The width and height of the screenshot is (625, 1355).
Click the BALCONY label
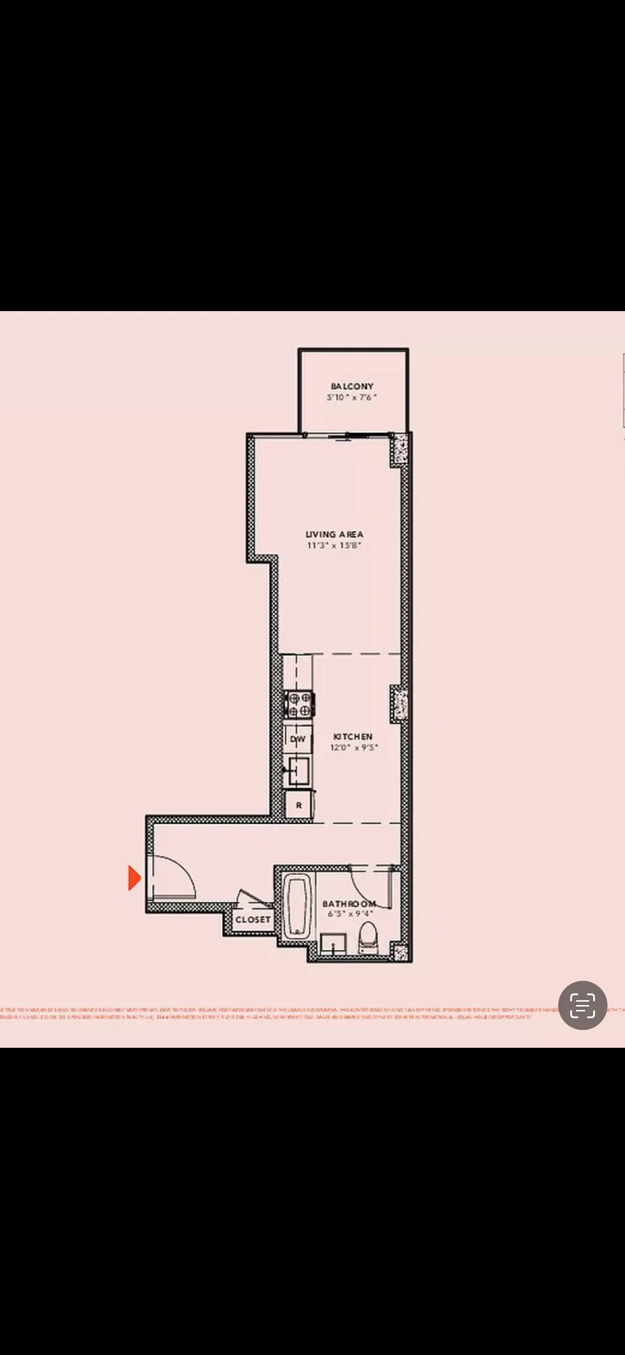pos(352,386)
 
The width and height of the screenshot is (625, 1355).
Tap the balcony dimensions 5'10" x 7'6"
pos(352,397)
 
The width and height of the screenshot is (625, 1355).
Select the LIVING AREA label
pos(335,535)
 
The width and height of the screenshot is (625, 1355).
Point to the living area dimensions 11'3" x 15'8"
pos(335,546)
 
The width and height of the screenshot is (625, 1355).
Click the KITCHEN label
pos(353,737)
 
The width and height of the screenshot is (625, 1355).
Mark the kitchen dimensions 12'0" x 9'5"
pos(354,747)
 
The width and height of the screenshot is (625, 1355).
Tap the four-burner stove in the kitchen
pos(299,705)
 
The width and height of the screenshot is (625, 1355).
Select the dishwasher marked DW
pos(298,739)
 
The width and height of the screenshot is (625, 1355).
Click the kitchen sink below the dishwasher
pos(298,771)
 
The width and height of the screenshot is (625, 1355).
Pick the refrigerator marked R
pos(299,805)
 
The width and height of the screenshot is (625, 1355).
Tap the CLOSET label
pos(253,919)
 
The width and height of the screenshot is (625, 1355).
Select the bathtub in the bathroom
pos(297,906)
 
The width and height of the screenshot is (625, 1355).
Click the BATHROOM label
pos(349,904)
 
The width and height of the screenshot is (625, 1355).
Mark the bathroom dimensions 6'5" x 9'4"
pos(350,914)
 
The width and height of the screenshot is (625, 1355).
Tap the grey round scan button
pos(582,1005)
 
